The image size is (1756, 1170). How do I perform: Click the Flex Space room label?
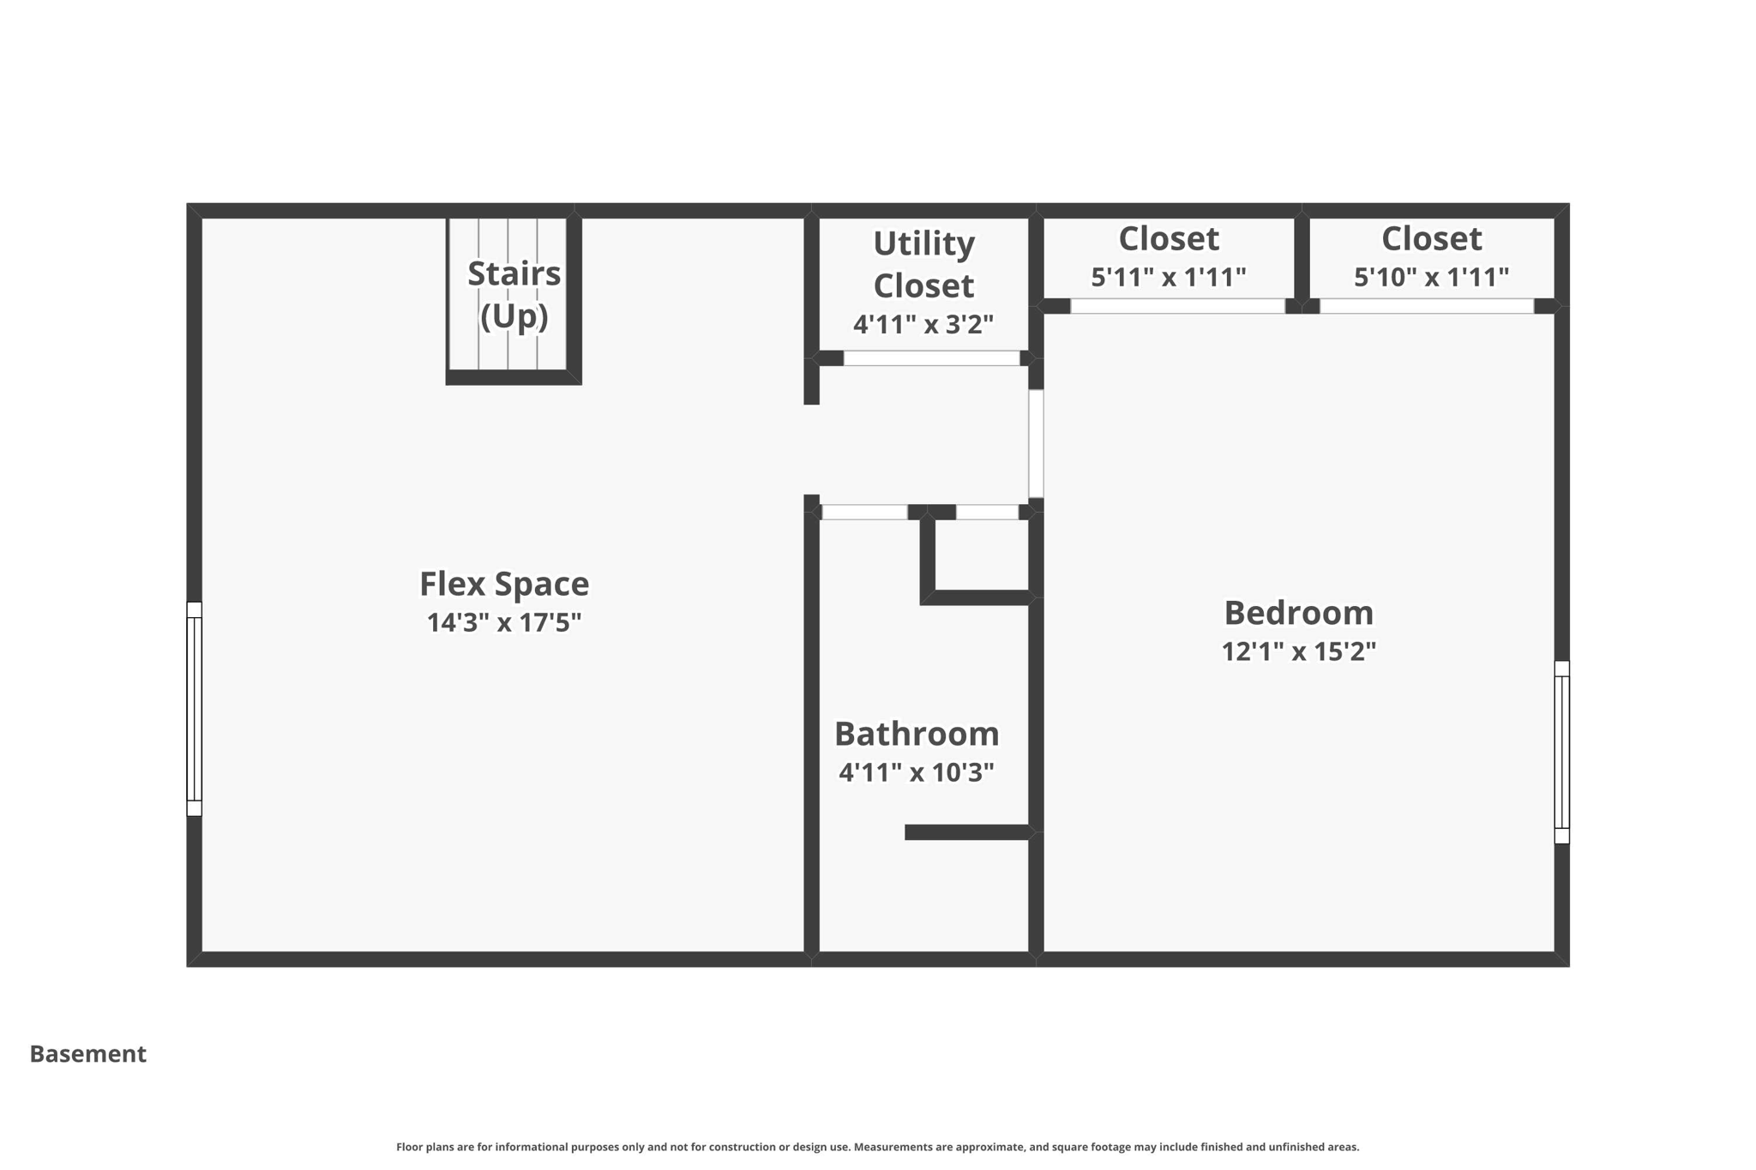coord(504,585)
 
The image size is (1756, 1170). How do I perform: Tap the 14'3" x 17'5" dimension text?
coord(504,622)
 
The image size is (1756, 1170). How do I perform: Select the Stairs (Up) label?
coord(514,294)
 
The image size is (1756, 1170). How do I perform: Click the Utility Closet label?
coord(923,264)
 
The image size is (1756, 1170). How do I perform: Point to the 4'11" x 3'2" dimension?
coord(923,325)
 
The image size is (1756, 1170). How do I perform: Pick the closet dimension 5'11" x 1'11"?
coord(1168,278)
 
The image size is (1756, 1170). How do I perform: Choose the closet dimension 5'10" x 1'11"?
coord(1431,278)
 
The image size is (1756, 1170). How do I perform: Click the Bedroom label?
coord(1298,614)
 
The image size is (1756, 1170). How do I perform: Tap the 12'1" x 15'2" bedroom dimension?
coord(1298,652)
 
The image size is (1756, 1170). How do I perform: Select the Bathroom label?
coord(917,735)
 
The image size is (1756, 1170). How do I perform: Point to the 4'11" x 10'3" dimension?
coord(917,773)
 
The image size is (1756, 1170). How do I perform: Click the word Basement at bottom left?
coord(88,1054)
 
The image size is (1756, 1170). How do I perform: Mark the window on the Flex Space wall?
coord(195,709)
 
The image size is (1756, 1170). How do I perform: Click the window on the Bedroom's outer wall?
coord(1561,753)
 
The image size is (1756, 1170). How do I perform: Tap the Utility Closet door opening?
coord(931,358)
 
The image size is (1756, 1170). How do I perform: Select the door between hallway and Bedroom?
coord(1036,444)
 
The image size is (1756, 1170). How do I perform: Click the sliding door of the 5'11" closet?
coord(1177,306)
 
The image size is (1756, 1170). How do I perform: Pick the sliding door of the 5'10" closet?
coord(1426,306)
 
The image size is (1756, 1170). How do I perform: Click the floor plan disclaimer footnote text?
coord(877,1147)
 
